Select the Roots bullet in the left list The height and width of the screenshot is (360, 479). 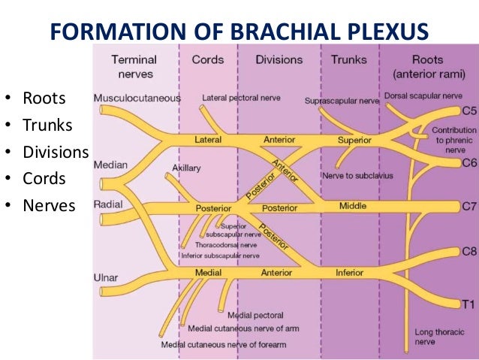(x=44, y=98)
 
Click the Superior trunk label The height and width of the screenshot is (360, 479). (x=354, y=140)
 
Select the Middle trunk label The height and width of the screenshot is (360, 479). (x=353, y=206)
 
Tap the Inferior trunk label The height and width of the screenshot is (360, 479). (x=350, y=273)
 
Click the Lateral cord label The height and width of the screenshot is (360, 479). (x=208, y=140)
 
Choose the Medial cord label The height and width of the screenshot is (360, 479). (x=207, y=273)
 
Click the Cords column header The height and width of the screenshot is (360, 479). (x=207, y=59)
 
